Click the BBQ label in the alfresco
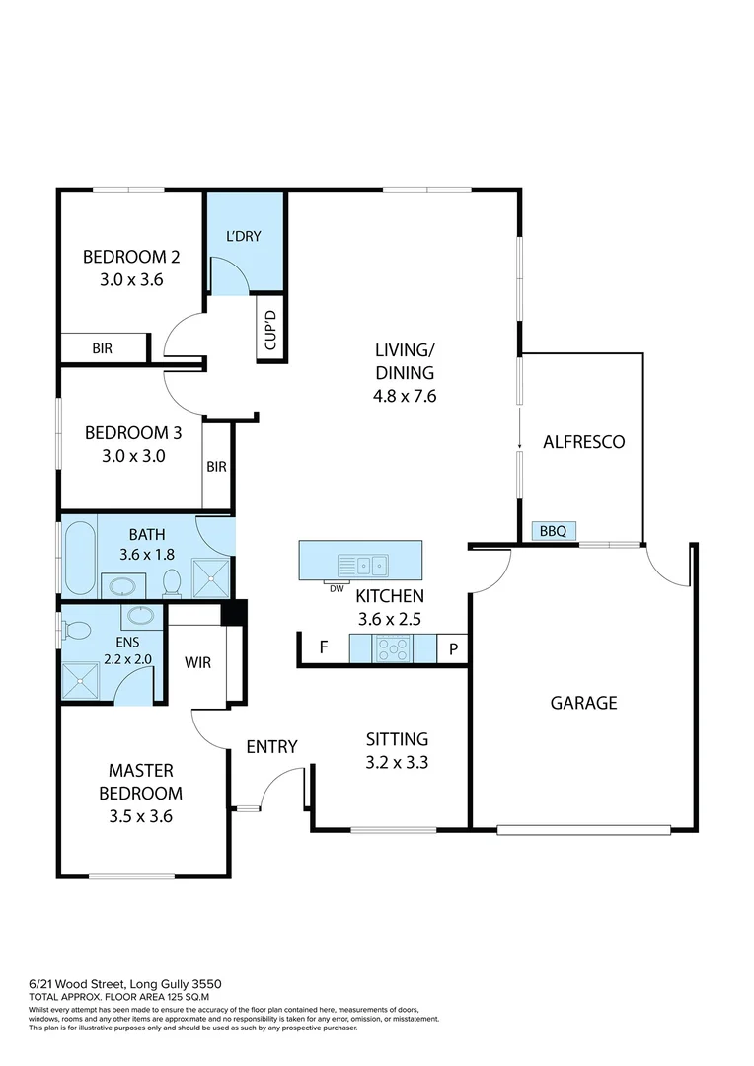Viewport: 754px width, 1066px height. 553,531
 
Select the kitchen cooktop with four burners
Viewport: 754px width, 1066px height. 393,648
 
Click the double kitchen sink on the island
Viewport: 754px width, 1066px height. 362,566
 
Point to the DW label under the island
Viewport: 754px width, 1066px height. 337,588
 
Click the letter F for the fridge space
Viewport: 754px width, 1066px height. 323,648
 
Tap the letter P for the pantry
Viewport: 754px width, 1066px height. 453,648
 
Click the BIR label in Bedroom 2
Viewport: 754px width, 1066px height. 102,348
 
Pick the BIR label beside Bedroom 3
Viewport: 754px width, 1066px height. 216,467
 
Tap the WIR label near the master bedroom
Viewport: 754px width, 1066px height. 198,663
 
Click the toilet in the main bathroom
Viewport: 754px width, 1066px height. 172,582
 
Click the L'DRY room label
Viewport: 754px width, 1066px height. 244,239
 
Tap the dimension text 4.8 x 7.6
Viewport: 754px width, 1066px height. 405,396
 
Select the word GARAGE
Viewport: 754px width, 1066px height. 583,703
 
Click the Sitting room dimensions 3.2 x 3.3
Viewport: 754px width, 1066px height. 397,762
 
